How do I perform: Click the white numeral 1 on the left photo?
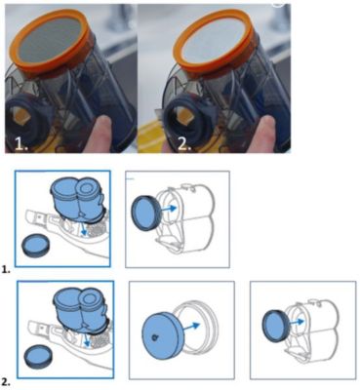[x=20, y=142]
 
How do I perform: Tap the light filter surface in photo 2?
[x=215, y=41]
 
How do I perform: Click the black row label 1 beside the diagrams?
[x=4, y=269]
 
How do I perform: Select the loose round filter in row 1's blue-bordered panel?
[x=35, y=247]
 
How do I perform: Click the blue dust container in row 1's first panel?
[x=77, y=198]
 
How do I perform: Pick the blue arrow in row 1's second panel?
[x=168, y=209]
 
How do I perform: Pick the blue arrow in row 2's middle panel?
[x=191, y=327]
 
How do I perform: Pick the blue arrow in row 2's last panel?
[x=297, y=322]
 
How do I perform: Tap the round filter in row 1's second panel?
[x=145, y=213]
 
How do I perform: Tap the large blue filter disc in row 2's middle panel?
[x=163, y=337]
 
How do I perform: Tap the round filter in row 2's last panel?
[x=276, y=326]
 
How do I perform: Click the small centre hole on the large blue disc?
[x=154, y=338]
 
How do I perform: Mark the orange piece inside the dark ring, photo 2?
[x=183, y=116]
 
